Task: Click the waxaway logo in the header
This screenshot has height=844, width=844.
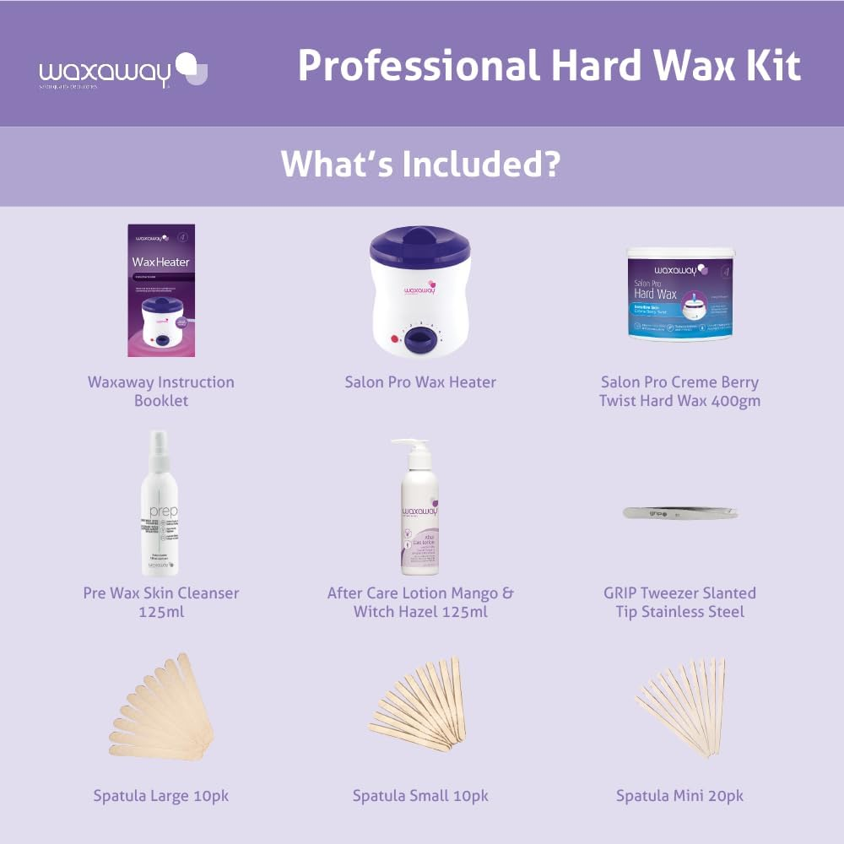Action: pos(123,70)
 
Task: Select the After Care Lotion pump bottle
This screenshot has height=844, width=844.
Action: pos(422,515)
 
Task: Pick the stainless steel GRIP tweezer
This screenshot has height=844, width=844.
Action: pos(679,512)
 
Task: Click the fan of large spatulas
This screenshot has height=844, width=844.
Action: pos(160,707)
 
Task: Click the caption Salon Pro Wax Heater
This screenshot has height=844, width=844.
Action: pos(420,382)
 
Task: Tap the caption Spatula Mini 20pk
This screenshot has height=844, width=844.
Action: pos(679,796)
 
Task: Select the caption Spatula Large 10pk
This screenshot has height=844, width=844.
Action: pos(160,796)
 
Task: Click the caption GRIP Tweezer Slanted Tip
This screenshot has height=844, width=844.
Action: pos(679,593)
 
